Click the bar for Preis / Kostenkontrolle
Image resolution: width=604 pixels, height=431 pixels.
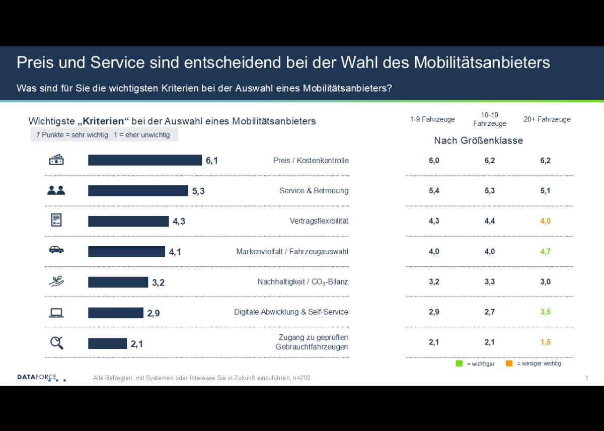click(145, 160)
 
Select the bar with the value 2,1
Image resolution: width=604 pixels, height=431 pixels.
click(107, 343)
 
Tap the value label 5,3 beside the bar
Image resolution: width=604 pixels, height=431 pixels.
click(198, 191)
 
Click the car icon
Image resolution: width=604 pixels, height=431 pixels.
click(56, 250)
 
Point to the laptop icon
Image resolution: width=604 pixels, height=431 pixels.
click(56, 313)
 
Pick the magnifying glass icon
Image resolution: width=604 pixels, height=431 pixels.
click(56, 343)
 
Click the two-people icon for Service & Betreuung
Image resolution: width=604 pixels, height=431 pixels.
click(56, 190)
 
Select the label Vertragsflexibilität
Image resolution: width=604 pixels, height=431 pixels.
click(319, 221)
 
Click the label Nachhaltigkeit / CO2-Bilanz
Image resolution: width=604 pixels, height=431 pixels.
click(303, 282)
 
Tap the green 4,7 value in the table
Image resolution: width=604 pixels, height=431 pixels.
click(545, 251)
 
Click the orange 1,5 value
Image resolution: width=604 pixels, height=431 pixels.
click(545, 342)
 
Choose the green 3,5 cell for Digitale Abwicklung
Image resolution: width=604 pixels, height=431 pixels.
click(545, 312)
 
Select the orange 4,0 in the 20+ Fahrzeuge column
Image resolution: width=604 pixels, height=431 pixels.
click(545, 221)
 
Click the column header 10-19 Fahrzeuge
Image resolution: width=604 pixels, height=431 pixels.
click(489, 119)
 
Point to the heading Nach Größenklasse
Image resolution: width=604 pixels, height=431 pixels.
click(478, 140)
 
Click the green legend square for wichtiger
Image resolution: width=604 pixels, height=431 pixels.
click(459, 364)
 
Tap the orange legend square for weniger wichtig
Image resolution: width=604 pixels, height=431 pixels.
click(509, 364)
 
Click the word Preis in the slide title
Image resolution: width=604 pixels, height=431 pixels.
click(35, 62)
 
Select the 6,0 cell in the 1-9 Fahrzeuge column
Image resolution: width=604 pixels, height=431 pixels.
click(434, 161)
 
